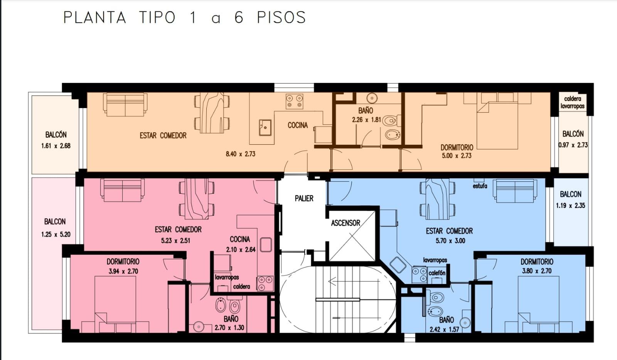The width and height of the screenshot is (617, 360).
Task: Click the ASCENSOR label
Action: pos(346,223)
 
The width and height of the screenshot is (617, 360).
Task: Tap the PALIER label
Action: pos(304,198)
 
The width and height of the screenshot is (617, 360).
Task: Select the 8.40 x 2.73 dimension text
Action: pos(241,154)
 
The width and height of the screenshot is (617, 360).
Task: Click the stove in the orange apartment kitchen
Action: pos(294,101)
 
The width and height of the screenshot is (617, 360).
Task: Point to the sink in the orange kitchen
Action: pos(265,128)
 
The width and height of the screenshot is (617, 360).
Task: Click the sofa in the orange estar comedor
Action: pos(125,105)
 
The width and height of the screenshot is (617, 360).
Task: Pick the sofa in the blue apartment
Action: pos(515,191)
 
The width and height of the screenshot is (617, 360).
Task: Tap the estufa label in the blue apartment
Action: pos(480,186)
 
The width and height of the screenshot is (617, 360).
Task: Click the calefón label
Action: pos(437,273)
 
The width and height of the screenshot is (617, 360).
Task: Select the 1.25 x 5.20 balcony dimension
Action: pos(56,235)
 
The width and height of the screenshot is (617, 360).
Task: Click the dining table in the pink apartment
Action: pos(197,199)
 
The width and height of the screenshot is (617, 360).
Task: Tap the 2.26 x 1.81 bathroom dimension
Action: pos(366,120)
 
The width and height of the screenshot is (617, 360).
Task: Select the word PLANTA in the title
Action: pos(95,18)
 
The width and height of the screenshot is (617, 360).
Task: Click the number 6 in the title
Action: pos(239,18)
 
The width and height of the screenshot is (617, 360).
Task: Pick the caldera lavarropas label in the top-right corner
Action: pos(572,102)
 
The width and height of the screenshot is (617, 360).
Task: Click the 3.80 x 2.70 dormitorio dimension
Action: pos(537,271)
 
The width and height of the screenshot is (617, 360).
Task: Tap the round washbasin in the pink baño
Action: pos(199,327)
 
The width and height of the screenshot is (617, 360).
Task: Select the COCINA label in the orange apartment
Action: pos(298,125)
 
